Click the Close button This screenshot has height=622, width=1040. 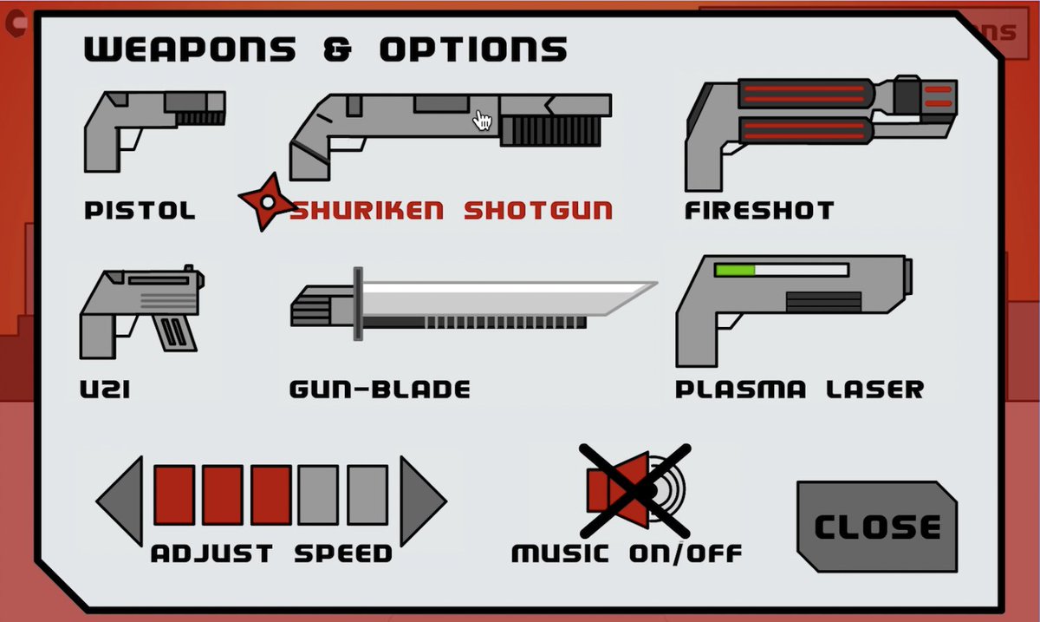pyautogui.click(x=877, y=527)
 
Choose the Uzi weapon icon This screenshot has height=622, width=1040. pyautogui.click(x=139, y=312)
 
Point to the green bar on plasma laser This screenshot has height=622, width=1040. pyautogui.click(x=735, y=270)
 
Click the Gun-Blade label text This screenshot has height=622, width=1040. pyautogui.click(x=380, y=390)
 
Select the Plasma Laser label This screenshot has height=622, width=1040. pyautogui.click(x=799, y=389)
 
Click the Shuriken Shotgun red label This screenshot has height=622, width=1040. pyautogui.click(x=451, y=211)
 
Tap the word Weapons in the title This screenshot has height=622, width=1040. pyautogui.click(x=189, y=49)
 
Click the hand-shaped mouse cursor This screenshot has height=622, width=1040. pyautogui.click(x=483, y=121)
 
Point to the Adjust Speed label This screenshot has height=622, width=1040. pyautogui.click(x=271, y=553)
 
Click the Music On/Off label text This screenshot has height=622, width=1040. pyautogui.click(x=627, y=553)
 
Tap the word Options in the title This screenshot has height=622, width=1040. pyautogui.click(x=473, y=49)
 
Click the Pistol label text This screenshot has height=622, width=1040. pyautogui.click(x=140, y=211)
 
